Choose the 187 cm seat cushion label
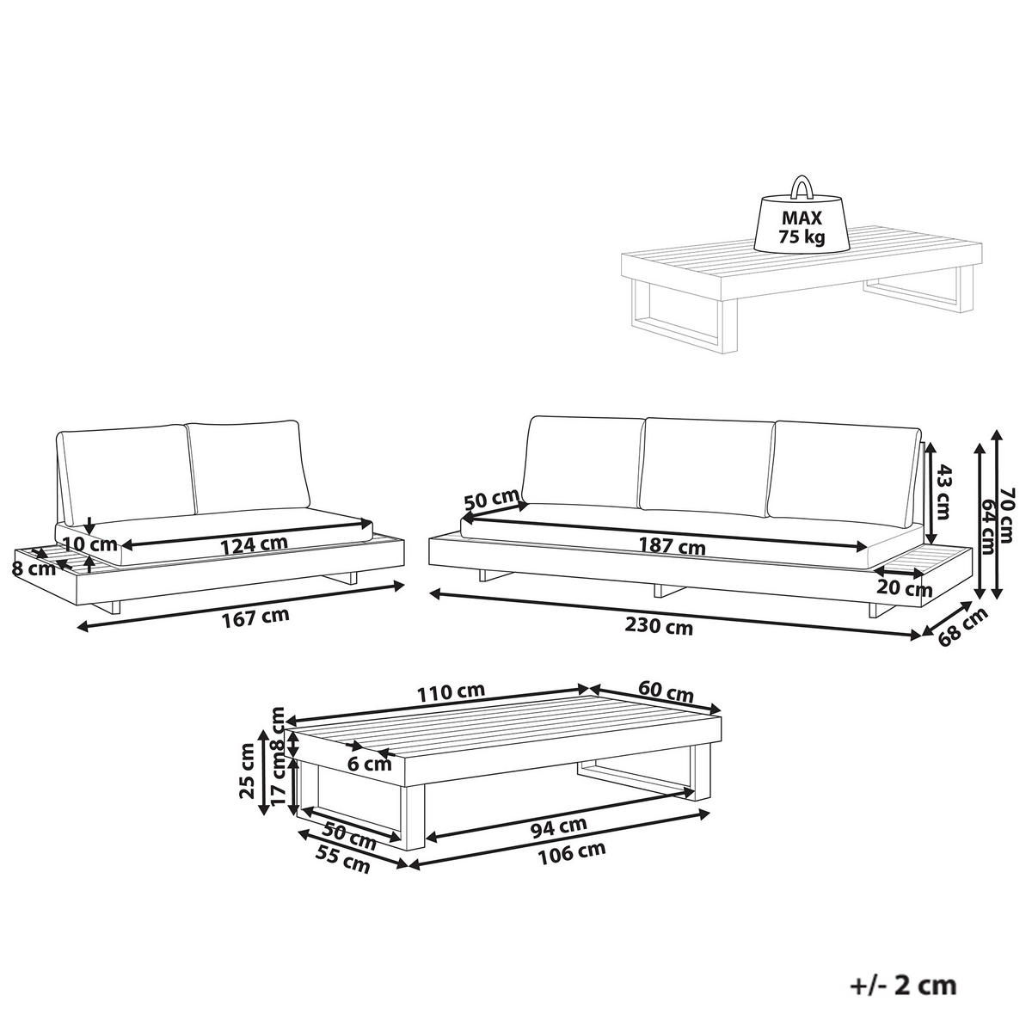click(x=673, y=546)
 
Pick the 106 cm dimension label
click(x=571, y=851)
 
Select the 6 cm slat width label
click(x=370, y=765)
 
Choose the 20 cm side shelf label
click(x=905, y=588)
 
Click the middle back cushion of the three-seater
click(x=707, y=466)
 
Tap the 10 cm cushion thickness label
click(x=89, y=544)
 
